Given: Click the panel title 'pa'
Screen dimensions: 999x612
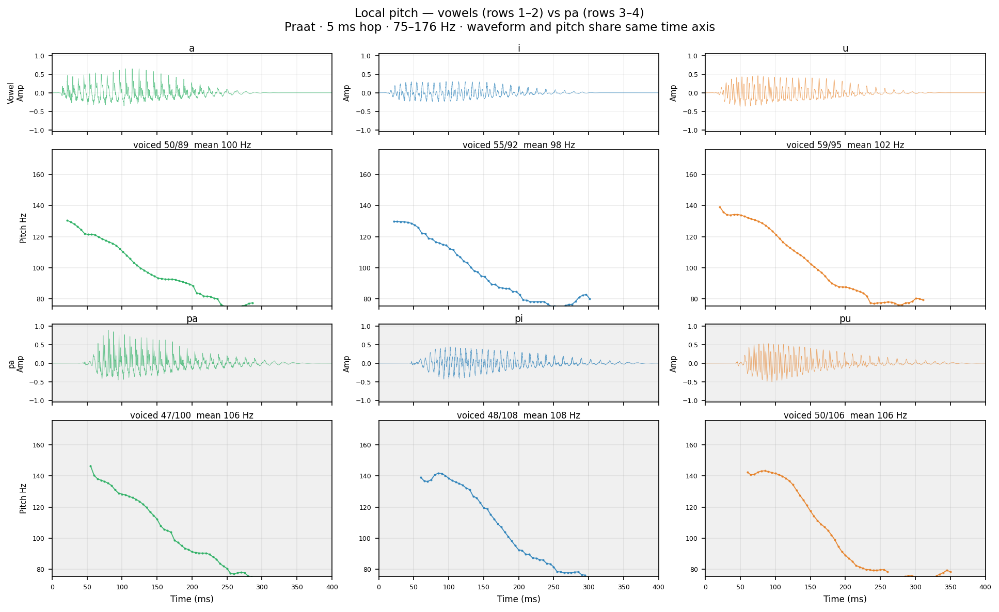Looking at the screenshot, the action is [192, 319].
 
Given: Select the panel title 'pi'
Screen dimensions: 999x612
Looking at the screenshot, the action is [519, 319].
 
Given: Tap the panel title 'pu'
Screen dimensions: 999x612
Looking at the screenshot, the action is [845, 319].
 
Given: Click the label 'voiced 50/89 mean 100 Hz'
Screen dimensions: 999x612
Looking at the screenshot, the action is [192, 145].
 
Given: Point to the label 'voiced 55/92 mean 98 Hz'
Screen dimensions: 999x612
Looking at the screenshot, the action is [519, 145].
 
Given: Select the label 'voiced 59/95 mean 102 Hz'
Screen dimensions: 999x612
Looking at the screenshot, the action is [845, 145].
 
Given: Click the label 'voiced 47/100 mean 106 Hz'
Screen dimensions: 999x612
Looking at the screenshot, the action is [192, 415].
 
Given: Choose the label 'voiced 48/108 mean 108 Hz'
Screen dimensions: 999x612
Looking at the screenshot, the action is [519, 415].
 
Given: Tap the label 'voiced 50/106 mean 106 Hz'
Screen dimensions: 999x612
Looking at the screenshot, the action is [845, 415].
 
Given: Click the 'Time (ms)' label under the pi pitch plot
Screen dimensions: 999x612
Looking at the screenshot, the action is [519, 599].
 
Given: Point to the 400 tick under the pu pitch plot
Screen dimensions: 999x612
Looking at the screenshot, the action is [985, 586].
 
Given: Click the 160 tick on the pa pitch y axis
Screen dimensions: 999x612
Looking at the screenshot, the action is [41, 445].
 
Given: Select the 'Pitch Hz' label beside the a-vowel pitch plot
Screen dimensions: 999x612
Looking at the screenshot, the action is [23, 228].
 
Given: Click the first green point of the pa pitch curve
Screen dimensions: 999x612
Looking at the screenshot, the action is [90, 466].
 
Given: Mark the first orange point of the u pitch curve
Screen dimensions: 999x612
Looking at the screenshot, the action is [720, 207].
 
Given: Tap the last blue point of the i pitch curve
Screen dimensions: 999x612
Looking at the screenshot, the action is [590, 299].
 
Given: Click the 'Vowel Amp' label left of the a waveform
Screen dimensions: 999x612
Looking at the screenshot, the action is [15, 93].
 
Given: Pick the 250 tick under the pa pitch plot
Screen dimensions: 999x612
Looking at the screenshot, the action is [227, 586].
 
